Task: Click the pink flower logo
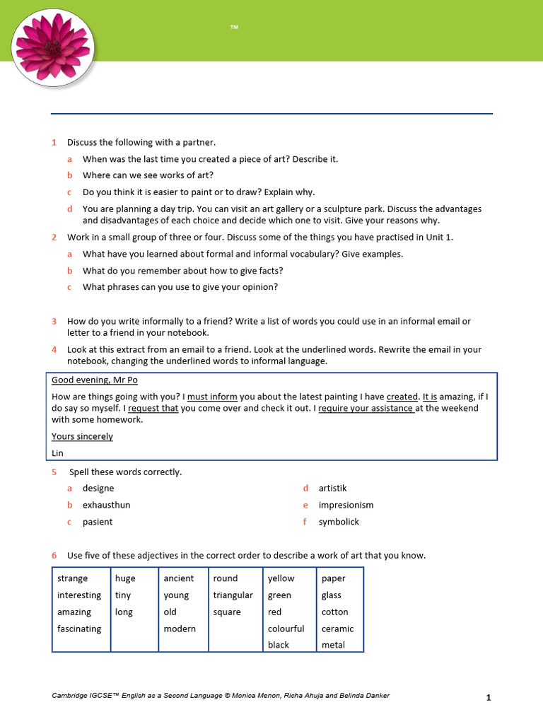pos(53,47)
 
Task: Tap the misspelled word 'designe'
pos(98,488)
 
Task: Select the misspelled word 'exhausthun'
pos(106,505)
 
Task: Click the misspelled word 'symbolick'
pos(339,522)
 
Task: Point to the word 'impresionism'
pos(346,505)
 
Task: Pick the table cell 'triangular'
pos(233,595)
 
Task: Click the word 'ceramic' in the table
pos(337,629)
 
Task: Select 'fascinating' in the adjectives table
pos(79,629)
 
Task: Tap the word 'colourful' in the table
pos(286,629)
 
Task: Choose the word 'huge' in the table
pos(125,578)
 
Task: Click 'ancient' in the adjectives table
pos(178,578)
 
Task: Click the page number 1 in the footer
pos(488,698)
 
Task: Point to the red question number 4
pos(54,349)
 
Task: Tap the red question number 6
pos(54,556)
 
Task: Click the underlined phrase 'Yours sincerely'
pos(82,436)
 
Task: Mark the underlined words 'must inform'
pos(212,397)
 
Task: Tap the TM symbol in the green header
pos(234,28)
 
